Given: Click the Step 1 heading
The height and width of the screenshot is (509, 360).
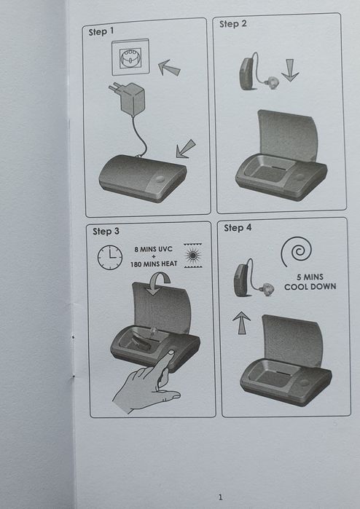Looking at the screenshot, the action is pyautogui.click(x=101, y=31).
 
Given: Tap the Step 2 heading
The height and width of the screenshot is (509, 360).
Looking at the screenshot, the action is pyautogui.click(x=232, y=24).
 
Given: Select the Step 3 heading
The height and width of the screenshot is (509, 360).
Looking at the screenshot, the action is pyautogui.click(x=106, y=231).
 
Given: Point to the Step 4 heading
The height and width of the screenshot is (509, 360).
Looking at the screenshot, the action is pyautogui.click(x=238, y=227).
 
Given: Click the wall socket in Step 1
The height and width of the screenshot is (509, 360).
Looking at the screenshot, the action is pyautogui.click(x=130, y=58).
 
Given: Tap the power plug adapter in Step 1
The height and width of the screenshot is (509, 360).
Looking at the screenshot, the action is pyautogui.click(x=128, y=98).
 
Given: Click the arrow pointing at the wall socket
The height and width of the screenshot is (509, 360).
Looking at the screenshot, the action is pyautogui.click(x=169, y=68).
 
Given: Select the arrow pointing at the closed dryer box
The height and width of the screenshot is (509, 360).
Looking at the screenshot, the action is pyautogui.click(x=185, y=149).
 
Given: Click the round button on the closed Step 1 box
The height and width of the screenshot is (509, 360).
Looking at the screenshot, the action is pyautogui.click(x=160, y=179).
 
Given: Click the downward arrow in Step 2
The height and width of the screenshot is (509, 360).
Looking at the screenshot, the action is pyautogui.click(x=290, y=70).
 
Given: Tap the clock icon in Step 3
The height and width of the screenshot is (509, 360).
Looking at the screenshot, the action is pyautogui.click(x=110, y=258).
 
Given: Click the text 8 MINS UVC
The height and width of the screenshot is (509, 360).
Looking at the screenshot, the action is pyautogui.click(x=153, y=249).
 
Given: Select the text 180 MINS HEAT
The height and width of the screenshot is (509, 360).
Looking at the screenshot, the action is pyautogui.click(x=154, y=264).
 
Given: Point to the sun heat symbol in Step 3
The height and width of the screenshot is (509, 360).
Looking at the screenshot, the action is pyautogui.click(x=193, y=256).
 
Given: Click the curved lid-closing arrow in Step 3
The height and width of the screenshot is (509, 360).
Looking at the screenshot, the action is pyautogui.click(x=158, y=283).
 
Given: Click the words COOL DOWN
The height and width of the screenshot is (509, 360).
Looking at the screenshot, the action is pyautogui.click(x=310, y=287).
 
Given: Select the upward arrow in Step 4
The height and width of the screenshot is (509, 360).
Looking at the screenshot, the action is pyautogui.click(x=241, y=323).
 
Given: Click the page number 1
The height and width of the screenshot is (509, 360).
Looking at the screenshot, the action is pyautogui.click(x=221, y=497).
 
